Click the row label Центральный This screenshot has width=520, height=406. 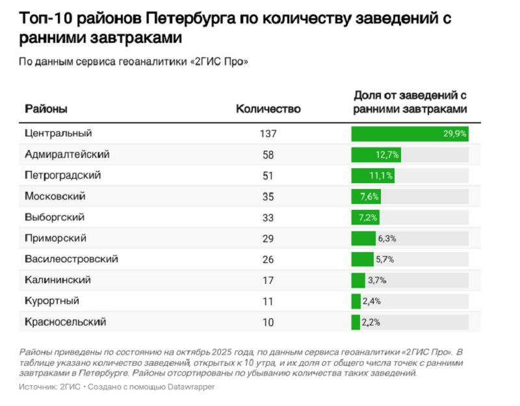click(x=58, y=133)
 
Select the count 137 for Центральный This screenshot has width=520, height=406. click(x=268, y=134)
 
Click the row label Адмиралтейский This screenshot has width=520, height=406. click(x=66, y=155)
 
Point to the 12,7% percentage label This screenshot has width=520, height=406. click(x=387, y=155)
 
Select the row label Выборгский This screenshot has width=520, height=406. click(x=55, y=217)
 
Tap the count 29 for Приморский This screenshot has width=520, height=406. click(x=268, y=238)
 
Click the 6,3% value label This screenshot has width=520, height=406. click(x=387, y=238)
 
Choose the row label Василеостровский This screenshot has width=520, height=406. click(x=71, y=259)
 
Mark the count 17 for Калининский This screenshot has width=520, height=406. click(x=268, y=280)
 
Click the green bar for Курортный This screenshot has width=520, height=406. click(x=356, y=301)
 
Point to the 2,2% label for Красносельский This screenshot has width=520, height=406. click(x=371, y=322)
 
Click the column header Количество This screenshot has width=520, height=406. click(x=268, y=108)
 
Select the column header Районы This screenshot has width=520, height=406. click(x=46, y=108)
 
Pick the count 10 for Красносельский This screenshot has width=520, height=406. click(x=268, y=322)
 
